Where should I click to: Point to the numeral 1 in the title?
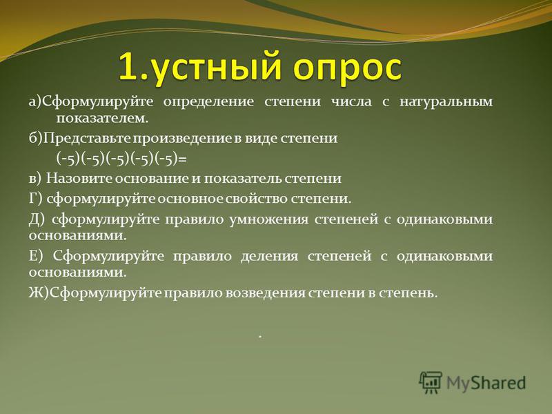pos(128,66)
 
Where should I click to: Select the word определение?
pos(208,102)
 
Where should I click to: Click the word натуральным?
pos(446,102)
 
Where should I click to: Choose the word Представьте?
pos(87,138)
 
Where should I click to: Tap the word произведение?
pos(182,139)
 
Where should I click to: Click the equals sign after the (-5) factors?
pos(182,160)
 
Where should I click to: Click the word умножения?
pos(268,220)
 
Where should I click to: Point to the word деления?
pos(269,257)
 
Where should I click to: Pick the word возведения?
pos(265,293)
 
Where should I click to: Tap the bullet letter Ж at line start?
pos(35,293)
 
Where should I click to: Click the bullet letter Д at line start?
pos(34,220)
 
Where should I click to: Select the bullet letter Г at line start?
pos(33,199)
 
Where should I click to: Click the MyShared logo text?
pos(486,383)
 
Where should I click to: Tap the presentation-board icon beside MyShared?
pos(431,382)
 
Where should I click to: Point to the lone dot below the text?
pos(260,337)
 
